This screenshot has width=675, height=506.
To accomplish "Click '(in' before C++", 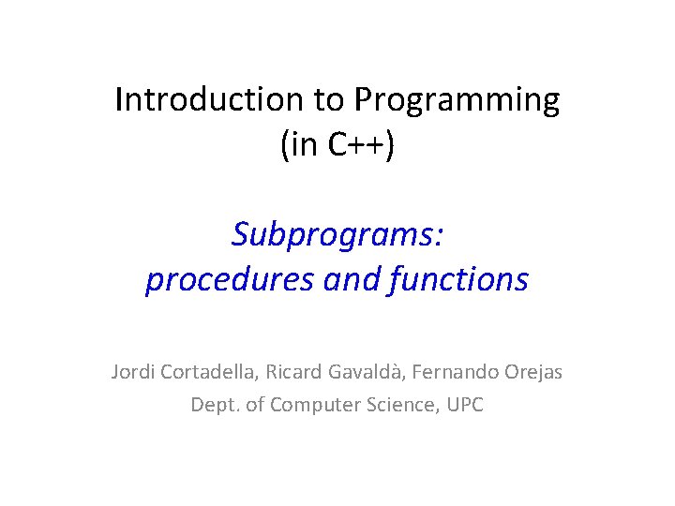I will [x=297, y=147].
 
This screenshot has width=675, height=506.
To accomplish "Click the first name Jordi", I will [x=133, y=372].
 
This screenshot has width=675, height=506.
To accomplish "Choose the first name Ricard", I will [x=294, y=372].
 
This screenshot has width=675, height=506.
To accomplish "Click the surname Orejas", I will [x=533, y=372].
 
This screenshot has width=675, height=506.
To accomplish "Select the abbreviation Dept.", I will [x=211, y=406].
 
